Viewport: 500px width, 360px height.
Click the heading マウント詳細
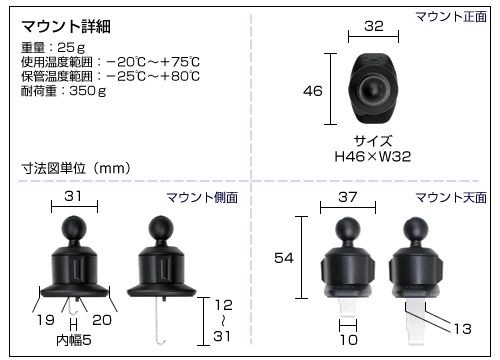click(66, 26)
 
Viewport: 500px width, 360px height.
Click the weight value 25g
click(71, 48)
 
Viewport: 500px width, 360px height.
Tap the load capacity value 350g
click(88, 91)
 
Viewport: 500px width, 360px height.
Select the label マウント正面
click(451, 16)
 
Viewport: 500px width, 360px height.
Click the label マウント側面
click(202, 198)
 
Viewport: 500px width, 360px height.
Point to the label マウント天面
click(451, 198)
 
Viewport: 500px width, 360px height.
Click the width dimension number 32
click(374, 26)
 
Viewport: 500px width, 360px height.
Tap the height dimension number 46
click(313, 91)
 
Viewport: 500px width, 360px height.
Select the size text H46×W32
click(373, 156)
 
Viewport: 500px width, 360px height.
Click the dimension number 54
click(284, 258)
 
